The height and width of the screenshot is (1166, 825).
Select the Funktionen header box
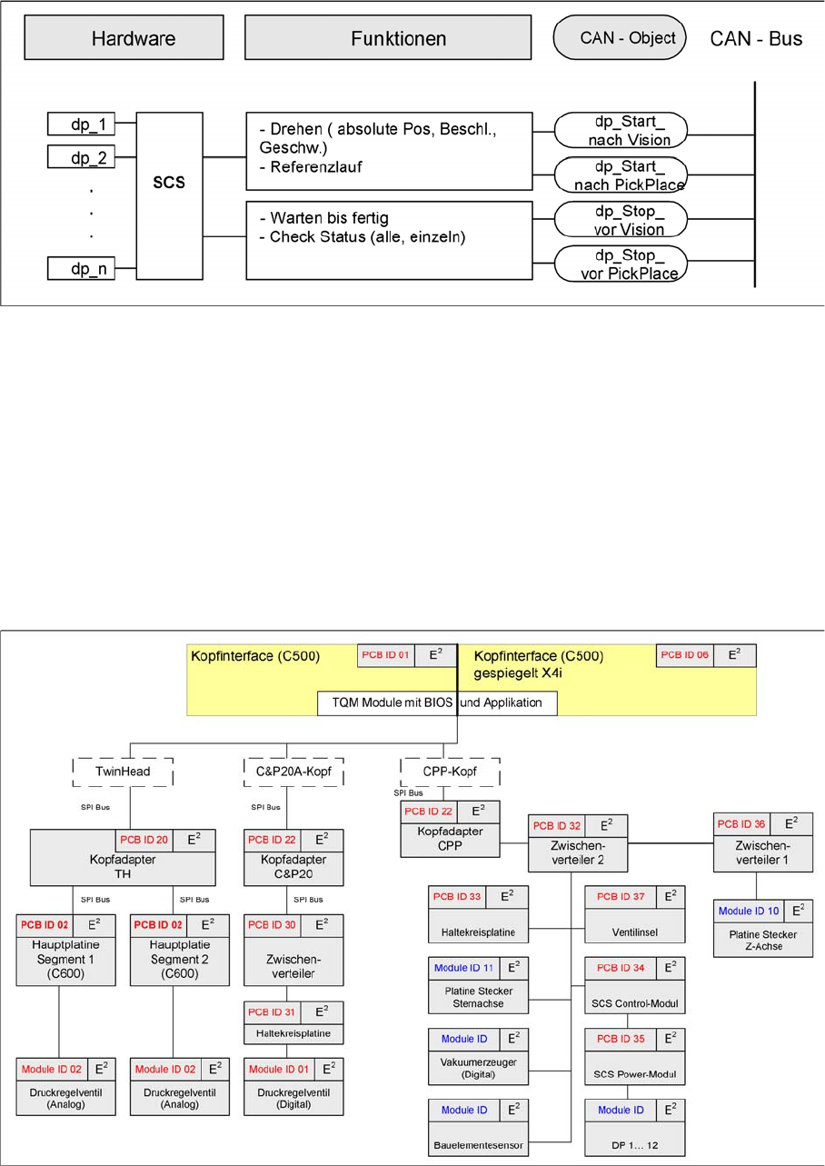(387, 39)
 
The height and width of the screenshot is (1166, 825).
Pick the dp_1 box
(82, 125)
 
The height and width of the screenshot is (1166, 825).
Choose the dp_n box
(82, 268)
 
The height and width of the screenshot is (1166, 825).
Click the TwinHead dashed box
(124, 772)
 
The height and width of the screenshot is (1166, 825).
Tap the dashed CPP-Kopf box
(451, 772)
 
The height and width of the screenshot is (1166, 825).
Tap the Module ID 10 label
(748, 910)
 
